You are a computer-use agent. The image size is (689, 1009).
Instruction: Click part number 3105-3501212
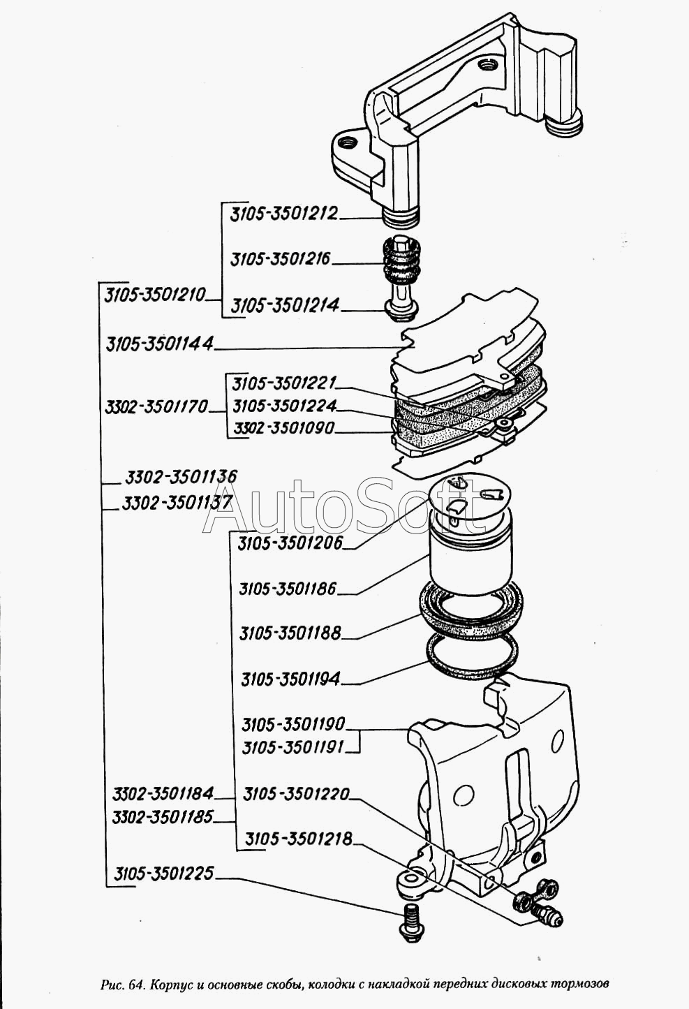coord(284,214)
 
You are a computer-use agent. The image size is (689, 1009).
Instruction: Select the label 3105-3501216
coord(281,259)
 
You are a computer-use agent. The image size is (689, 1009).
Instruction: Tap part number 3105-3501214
coord(285,306)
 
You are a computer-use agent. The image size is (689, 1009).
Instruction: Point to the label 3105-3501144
coord(160,344)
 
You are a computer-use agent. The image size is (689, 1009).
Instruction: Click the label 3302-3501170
coord(157,407)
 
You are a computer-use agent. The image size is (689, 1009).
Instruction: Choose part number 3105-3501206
coord(290,543)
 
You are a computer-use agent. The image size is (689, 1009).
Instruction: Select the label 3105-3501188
coord(290,633)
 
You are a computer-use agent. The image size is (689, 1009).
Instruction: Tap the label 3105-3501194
coord(290,679)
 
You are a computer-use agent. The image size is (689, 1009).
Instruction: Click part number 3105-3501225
coord(163,873)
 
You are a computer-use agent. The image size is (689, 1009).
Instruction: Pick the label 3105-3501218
coord(298,839)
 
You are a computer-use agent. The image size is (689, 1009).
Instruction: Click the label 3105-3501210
coord(155,294)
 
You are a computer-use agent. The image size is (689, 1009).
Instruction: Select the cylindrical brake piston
coord(471,552)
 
